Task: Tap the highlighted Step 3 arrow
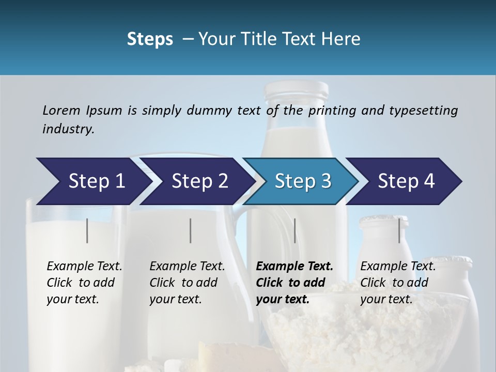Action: pyautogui.click(x=303, y=181)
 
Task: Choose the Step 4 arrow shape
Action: pyautogui.click(x=406, y=181)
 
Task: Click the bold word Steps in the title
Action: pyautogui.click(x=150, y=39)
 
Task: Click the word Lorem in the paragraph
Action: pyautogui.click(x=61, y=110)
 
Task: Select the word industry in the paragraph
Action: pyautogui.click(x=67, y=129)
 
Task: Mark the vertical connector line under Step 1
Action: pyautogui.click(x=87, y=230)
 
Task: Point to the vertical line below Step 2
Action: pyautogui.click(x=191, y=230)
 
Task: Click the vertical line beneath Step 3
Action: pyautogui.click(x=295, y=230)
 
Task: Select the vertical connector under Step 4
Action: pyautogui.click(x=399, y=230)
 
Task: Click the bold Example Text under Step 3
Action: pyautogui.click(x=295, y=266)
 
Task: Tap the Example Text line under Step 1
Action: pyautogui.click(x=84, y=266)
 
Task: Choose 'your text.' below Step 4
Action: pyautogui.click(x=386, y=299)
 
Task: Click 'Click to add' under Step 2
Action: pyautogui.click(x=183, y=283)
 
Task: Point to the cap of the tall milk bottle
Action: pyautogui.click(x=296, y=89)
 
